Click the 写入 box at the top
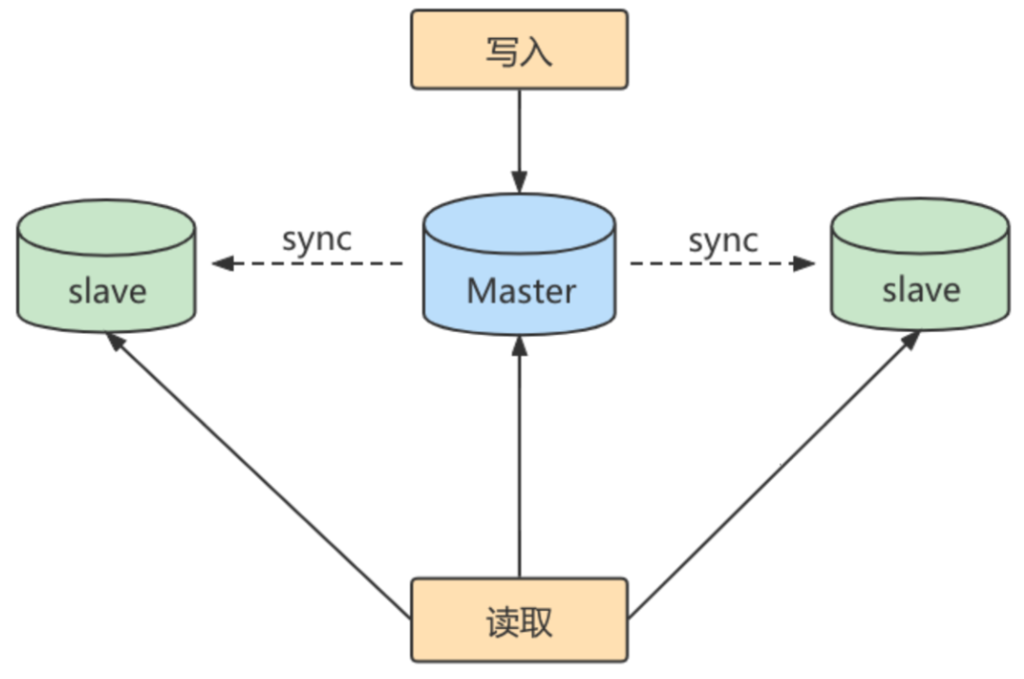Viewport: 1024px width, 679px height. [x=519, y=50]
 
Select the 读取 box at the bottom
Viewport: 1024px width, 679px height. [x=519, y=620]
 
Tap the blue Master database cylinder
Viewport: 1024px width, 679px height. [x=519, y=265]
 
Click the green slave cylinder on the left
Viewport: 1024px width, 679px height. [x=106, y=267]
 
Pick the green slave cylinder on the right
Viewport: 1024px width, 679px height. [x=919, y=267]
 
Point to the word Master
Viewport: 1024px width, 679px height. [x=521, y=290]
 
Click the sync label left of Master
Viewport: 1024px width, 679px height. [x=316, y=238]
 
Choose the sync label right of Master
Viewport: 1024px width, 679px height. [x=723, y=240]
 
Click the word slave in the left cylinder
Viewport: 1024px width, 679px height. [x=108, y=290]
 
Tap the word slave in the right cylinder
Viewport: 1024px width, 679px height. [x=921, y=289]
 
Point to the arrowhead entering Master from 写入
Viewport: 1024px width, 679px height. [x=519, y=181]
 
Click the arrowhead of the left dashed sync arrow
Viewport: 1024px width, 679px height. [x=222, y=263]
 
